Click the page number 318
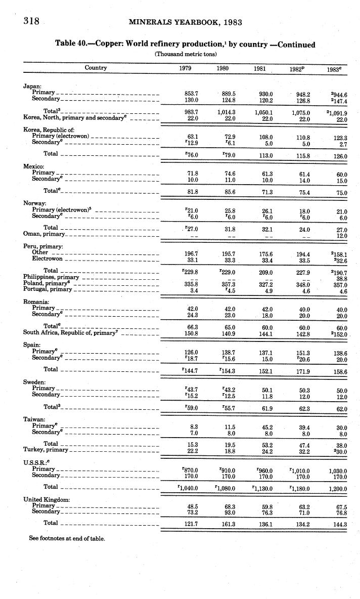tap(18, 21)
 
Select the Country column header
tap(96, 68)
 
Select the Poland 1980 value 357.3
tap(230, 284)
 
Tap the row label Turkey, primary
tap(46, 450)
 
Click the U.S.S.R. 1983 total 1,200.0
tap(337, 489)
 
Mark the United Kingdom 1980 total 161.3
tap(230, 524)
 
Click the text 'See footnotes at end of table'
tap(67, 539)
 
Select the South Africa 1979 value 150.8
tap(192, 333)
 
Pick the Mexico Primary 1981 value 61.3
tap(264, 173)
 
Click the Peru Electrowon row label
tap(47, 259)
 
